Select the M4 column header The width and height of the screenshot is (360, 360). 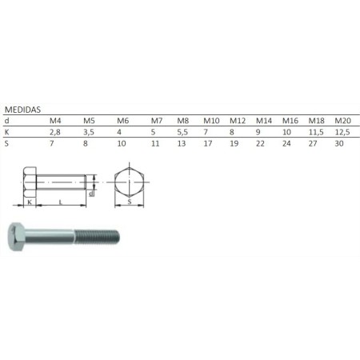[55, 120]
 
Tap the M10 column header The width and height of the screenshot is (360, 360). [211, 120]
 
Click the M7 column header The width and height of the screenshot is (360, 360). [157, 120]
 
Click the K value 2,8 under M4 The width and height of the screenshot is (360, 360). [55, 131]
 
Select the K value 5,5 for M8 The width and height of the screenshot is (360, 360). [183, 131]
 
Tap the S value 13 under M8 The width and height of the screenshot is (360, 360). [183, 144]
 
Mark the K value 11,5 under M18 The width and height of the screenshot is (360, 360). [316, 131]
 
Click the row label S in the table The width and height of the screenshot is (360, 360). [7, 144]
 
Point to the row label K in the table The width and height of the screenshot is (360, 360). [7, 131]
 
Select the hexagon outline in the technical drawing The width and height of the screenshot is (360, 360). [129, 182]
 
